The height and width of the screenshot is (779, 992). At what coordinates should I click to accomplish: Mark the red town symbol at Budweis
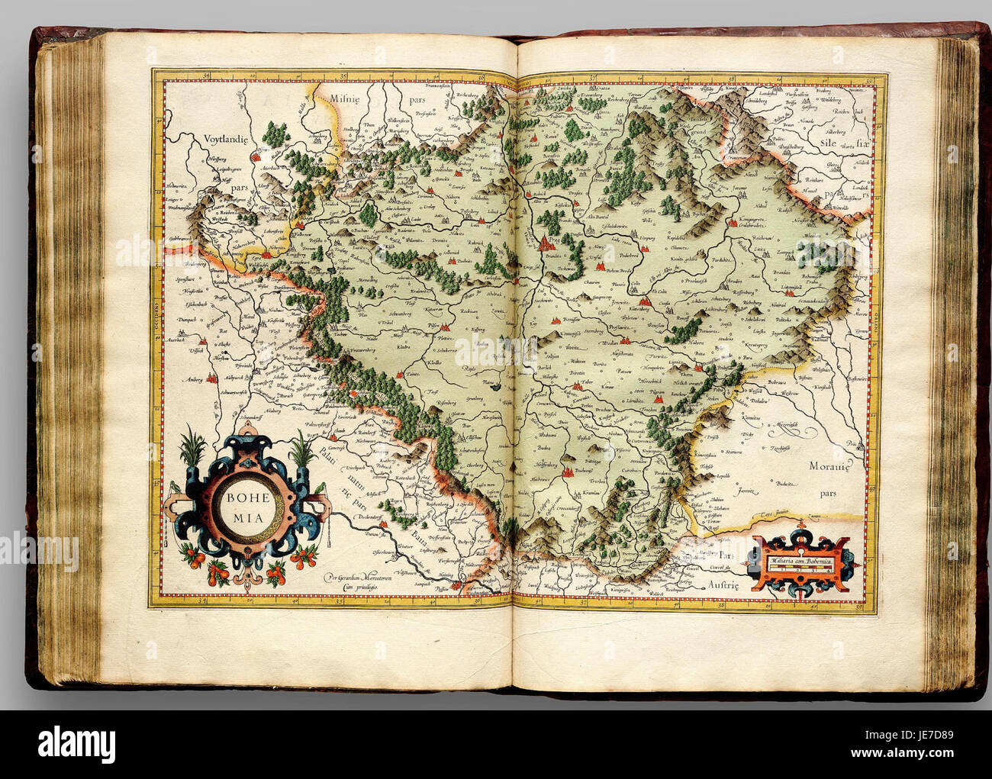[568, 473]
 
